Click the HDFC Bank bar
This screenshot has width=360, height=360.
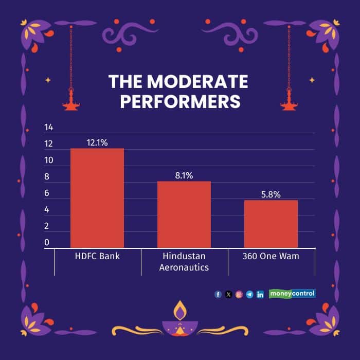click(97, 198)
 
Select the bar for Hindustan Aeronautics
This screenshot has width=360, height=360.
click(184, 214)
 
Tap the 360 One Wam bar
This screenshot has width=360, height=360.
click(271, 224)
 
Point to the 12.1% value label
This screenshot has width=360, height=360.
click(97, 142)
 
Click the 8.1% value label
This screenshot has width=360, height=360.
click(184, 175)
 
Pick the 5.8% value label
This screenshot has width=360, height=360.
click(271, 194)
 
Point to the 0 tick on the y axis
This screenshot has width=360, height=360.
click(47, 242)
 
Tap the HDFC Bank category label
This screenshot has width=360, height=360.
click(97, 256)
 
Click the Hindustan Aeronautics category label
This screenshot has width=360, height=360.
click(184, 261)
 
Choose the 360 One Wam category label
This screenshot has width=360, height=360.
click(271, 256)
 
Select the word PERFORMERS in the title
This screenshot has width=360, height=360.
click(180, 101)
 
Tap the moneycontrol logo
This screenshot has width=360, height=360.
click(292, 294)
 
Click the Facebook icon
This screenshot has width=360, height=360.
click(218, 295)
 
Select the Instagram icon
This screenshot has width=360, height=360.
click(239, 295)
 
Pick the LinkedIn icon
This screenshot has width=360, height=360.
click(260, 295)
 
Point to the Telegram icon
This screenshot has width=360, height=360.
click(249, 295)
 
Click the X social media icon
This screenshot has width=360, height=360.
click(228, 295)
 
